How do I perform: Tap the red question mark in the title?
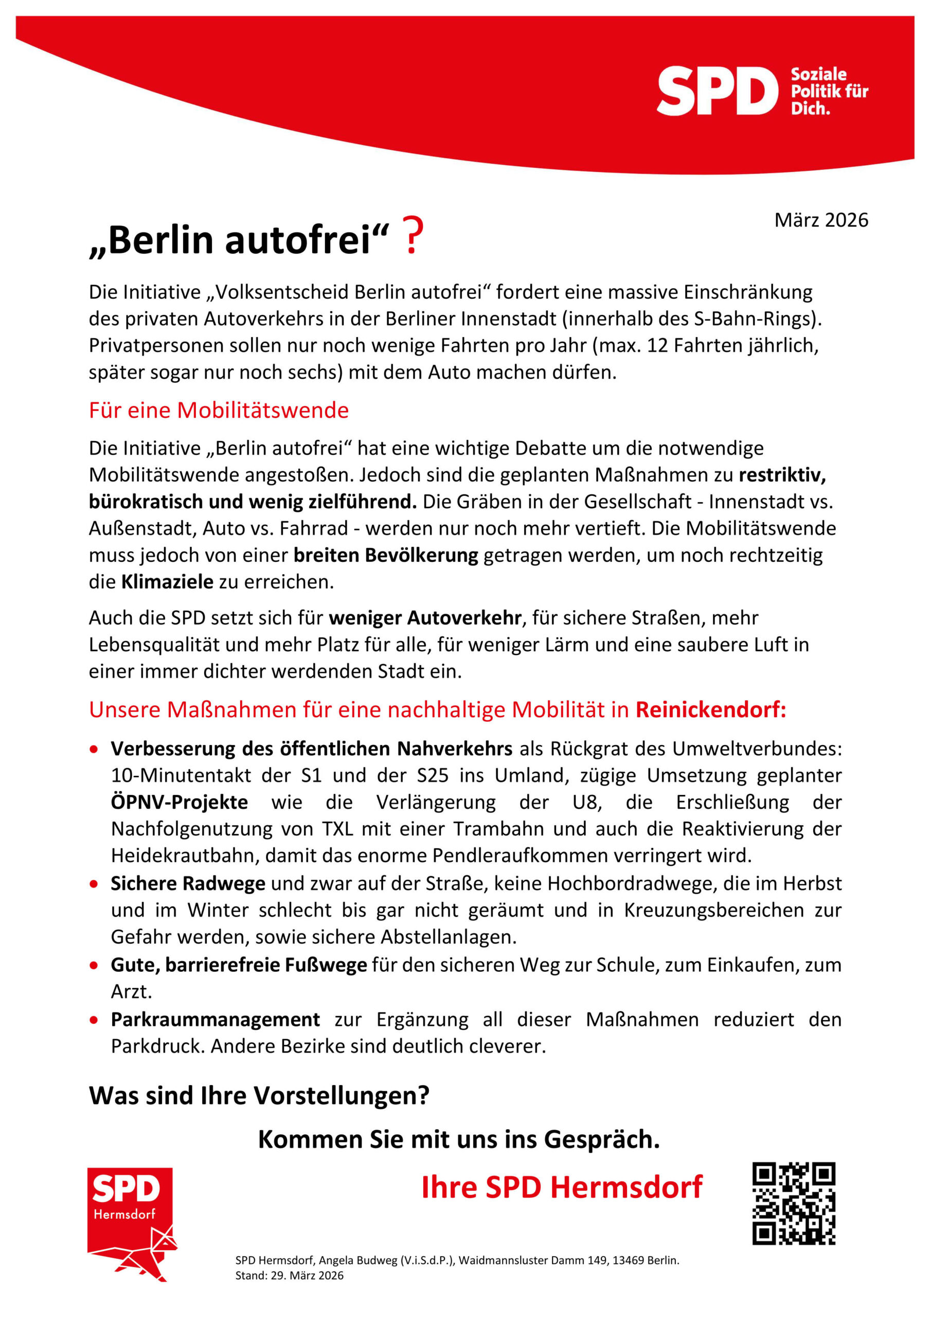pyautogui.click(x=413, y=236)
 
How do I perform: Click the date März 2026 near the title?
pyautogui.click(x=820, y=220)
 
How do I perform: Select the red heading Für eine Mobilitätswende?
pyautogui.click(x=219, y=410)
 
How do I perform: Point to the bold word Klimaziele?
pyautogui.click(x=167, y=582)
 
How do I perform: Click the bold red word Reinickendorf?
pyautogui.click(x=710, y=709)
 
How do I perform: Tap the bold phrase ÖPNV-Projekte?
pyautogui.click(x=179, y=802)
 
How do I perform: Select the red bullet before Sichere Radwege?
pyautogui.click(x=94, y=884)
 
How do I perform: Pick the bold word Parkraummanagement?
pyautogui.click(x=215, y=1019)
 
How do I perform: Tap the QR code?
pyautogui.click(x=793, y=1203)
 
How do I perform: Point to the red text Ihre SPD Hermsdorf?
pyautogui.click(x=562, y=1187)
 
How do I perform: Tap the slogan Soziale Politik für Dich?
pyautogui.click(x=828, y=91)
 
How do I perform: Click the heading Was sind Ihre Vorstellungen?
pyautogui.click(x=259, y=1096)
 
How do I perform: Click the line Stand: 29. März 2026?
pyautogui.click(x=289, y=1275)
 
